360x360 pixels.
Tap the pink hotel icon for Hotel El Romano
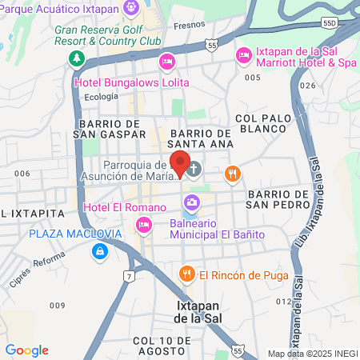(144, 225)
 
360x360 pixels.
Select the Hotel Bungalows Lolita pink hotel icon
(166, 62)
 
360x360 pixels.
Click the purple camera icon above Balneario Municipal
(191, 200)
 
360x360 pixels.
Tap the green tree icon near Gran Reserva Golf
(76, 59)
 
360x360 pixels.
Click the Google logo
(26, 350)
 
